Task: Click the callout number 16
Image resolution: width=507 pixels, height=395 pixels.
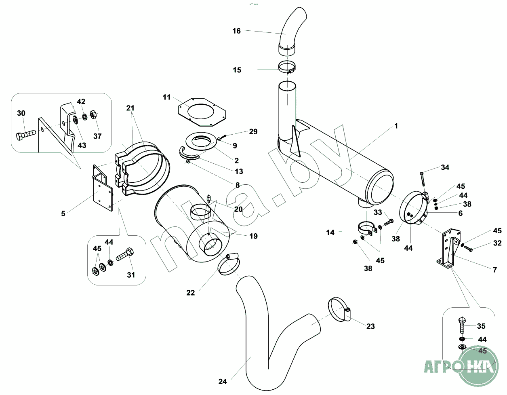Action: [236, 31]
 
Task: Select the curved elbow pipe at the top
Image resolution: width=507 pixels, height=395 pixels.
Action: [293, 28]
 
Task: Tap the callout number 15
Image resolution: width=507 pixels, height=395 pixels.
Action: [237, 70]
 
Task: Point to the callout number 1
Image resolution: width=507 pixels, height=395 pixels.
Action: [396, 126]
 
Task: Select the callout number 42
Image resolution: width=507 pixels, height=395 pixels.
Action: [81, 101]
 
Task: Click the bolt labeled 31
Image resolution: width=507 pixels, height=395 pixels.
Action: [125, 256]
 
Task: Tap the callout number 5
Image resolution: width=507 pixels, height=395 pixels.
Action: [63, 213]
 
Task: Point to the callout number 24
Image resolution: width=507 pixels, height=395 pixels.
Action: [223, 381]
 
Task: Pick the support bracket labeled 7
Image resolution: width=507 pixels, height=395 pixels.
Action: [447, 249]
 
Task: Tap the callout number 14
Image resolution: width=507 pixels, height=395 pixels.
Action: [330, 232]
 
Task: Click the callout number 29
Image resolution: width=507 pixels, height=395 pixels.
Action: [253, 131]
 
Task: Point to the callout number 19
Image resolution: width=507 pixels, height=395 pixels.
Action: [253, 236]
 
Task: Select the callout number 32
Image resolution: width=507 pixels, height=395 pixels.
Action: [497, 243]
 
